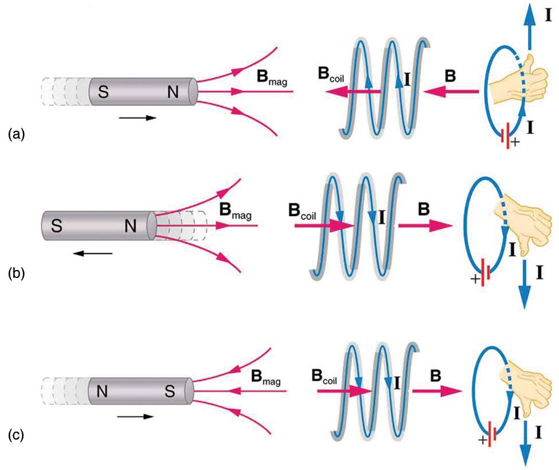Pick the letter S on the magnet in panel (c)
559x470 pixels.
pyautogui.click(x=170, y=393)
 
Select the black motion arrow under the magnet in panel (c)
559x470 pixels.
pyautogui.click(x=140, y=417)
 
